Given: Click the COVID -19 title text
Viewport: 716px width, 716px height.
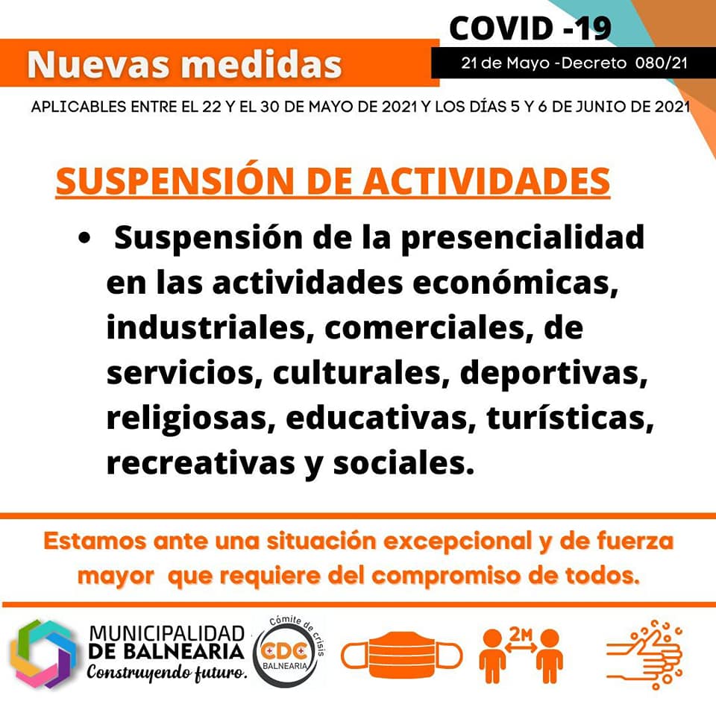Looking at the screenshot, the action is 530,28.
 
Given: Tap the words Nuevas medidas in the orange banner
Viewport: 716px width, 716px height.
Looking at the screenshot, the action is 184,64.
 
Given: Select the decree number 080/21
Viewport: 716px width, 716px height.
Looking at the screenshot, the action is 661,63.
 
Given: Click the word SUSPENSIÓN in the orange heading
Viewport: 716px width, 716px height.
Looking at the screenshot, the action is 175,181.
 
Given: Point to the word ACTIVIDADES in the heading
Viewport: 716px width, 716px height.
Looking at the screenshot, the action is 487,181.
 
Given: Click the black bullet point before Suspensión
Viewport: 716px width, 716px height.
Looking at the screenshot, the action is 84,239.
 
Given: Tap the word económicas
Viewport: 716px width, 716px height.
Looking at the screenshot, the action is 515,283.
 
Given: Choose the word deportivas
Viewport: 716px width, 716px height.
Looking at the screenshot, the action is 554,373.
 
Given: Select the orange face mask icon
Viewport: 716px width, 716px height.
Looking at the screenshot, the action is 402,656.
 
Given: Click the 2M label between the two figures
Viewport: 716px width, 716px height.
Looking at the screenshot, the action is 521,634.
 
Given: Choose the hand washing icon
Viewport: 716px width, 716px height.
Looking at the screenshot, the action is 644,654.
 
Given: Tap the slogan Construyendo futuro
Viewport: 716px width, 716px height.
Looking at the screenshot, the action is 167,673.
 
